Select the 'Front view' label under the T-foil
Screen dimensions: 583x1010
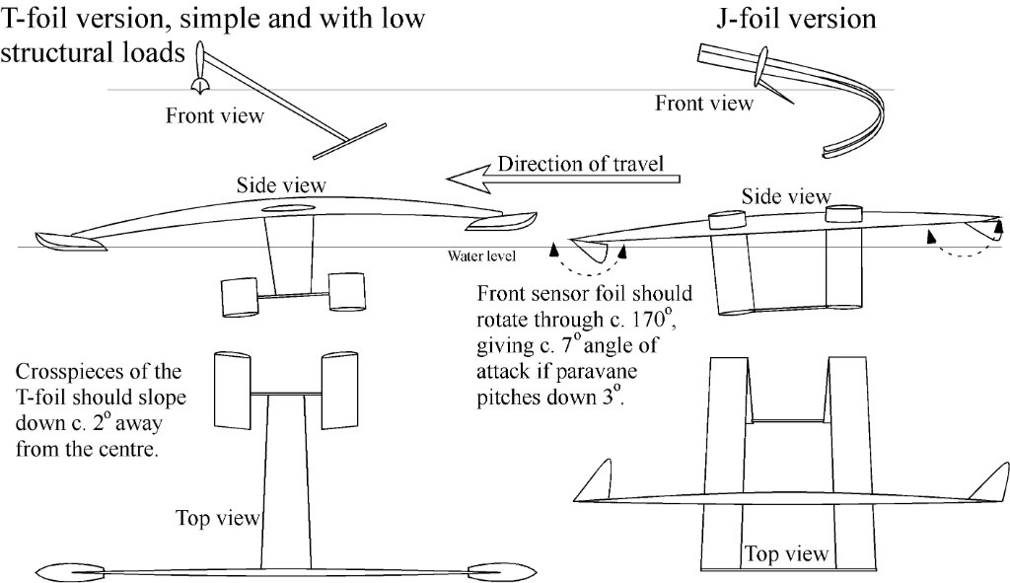(215, 115)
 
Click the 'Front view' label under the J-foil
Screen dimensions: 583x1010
(704, 102)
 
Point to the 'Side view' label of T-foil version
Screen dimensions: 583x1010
(281, 184)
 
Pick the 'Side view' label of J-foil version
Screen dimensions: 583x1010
(786, 196)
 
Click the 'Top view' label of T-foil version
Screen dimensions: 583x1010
(218, 516)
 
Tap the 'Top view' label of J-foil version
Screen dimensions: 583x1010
(786, 553)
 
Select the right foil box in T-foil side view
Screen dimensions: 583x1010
(350, 293)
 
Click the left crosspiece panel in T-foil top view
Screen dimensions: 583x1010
(234, 393)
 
